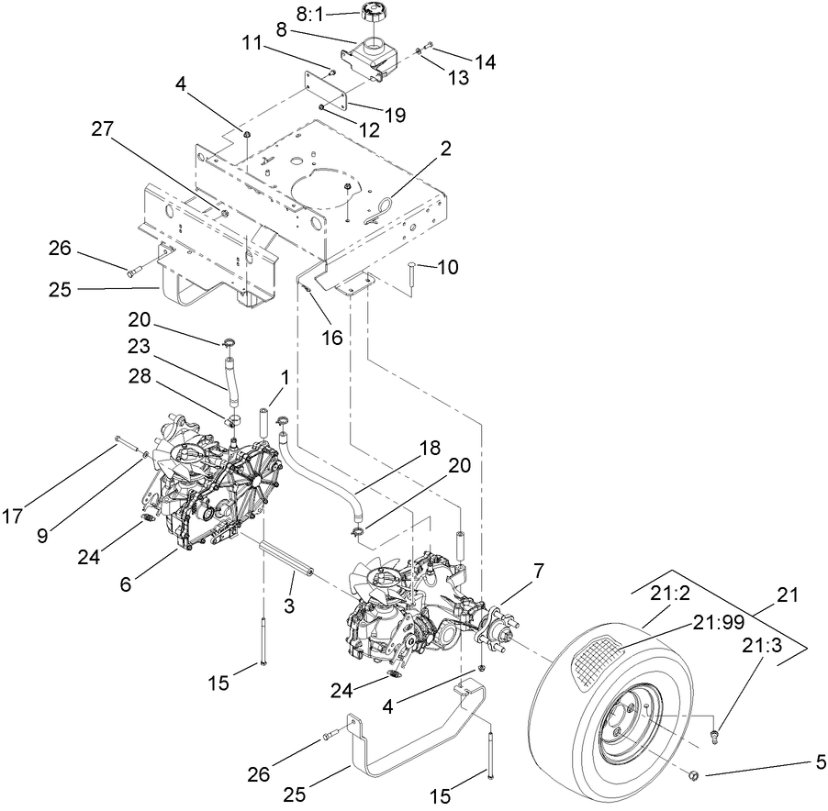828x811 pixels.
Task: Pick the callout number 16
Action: (331, 338)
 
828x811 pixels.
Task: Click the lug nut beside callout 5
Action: (694, 777)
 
